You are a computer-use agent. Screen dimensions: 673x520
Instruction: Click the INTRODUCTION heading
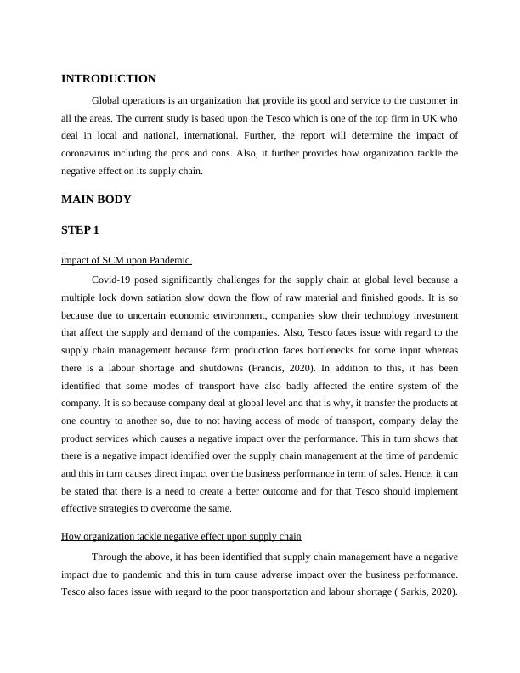click(x=109, y=79)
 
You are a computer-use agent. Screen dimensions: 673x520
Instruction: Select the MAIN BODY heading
click(x=96, y=200)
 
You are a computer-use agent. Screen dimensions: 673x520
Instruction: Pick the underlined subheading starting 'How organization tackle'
click(x=182, y=536)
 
